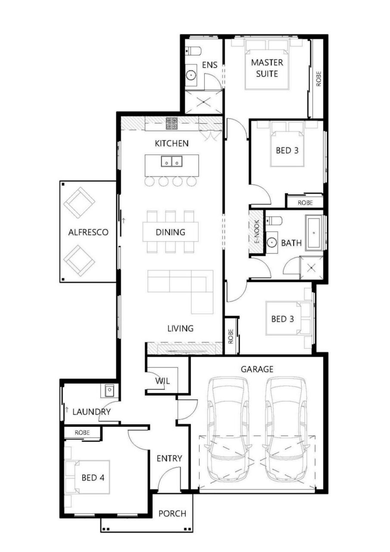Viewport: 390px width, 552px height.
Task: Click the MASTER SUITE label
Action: point(267,68)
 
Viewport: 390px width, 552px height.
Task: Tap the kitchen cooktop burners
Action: point(172,123)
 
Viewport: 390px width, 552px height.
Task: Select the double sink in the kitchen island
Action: point(172,161)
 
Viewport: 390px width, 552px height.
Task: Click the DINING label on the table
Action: point(170,232)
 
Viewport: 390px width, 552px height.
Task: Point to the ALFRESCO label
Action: point(88,232)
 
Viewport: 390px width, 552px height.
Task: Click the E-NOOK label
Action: point(257,232)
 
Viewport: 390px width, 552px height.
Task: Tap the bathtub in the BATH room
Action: point(314,233)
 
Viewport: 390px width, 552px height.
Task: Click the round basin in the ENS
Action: point(191,75)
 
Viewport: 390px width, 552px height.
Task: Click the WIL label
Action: point(162,381)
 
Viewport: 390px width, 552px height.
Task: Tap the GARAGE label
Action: point(257,369)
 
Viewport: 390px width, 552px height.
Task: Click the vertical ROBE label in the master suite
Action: point(318,78)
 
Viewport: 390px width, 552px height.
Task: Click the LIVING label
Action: point(181,328)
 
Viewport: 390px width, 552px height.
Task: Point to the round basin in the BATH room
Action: point(271,243)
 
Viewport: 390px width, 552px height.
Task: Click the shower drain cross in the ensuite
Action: point(203,102)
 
